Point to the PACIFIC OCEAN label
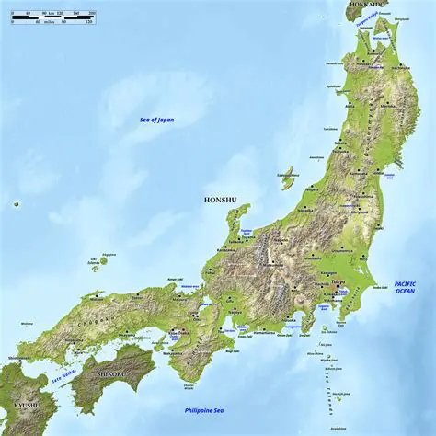(406, 288)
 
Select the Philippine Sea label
(201, 410)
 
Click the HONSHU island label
(221, 198)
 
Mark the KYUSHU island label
(27, 405)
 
